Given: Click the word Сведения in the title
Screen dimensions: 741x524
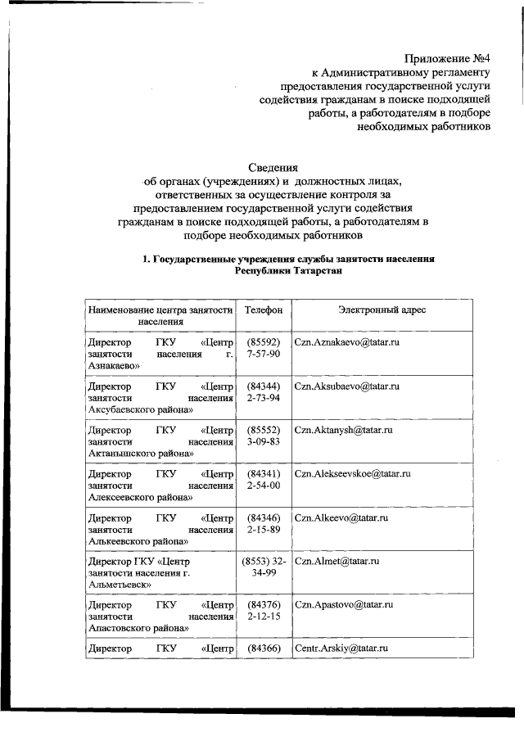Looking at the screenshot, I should (273, 165).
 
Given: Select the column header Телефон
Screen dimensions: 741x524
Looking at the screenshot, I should (263, 310).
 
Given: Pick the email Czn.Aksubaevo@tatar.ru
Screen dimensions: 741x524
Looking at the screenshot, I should (346, 385).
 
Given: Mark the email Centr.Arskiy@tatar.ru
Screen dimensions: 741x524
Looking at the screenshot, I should (341, 648).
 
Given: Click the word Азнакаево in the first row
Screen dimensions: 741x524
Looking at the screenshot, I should (112, 366).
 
